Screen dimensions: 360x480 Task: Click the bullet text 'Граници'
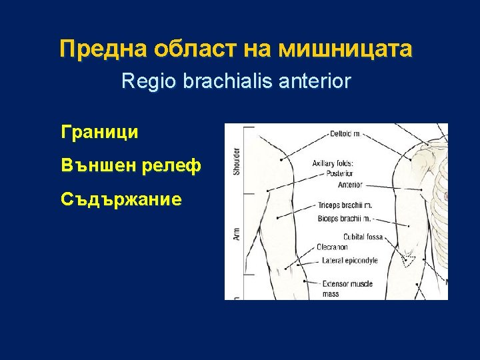pos(99,132)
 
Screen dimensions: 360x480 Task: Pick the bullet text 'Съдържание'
pos(121,199)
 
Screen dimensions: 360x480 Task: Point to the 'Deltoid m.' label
pos(345,134)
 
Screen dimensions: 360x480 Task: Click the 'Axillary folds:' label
pos(334,163)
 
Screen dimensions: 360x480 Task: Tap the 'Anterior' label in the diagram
pos(350,185)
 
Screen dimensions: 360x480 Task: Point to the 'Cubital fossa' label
pos(363,237)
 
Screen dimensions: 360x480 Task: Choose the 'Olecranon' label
pos(332,247)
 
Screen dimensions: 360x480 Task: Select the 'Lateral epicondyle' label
pos(350,260)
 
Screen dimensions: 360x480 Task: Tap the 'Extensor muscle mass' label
pos(347,289)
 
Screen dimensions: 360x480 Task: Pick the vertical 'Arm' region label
pos(236,234)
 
